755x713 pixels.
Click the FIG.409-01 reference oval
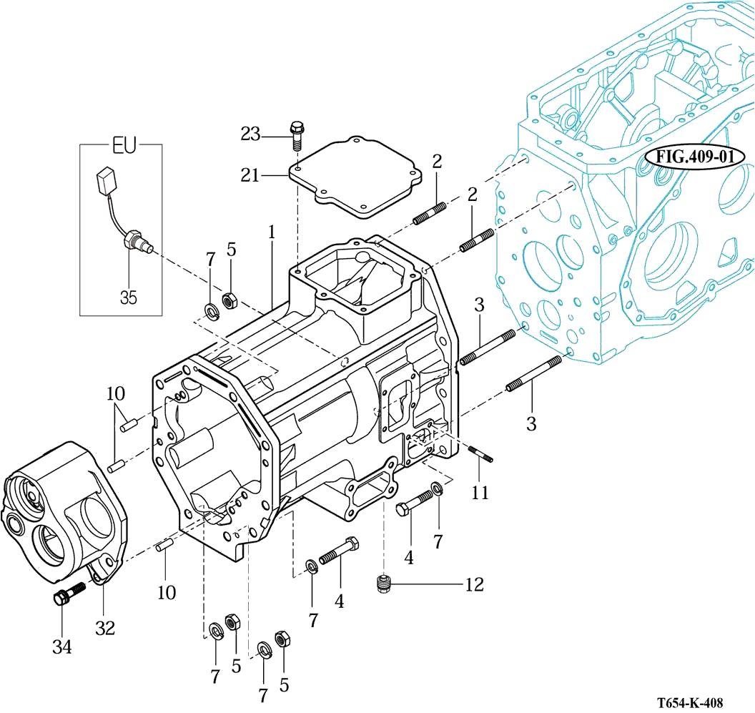690,157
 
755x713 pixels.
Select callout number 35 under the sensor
128,297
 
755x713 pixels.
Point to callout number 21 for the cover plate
250,174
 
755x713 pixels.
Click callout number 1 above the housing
272,232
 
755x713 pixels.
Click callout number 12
474,584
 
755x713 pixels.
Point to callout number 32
105,627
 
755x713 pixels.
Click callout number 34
61,647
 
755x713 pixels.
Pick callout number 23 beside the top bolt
252,134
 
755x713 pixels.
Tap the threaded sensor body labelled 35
136,242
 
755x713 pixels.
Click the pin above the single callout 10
165,545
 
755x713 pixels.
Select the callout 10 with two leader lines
116,393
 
